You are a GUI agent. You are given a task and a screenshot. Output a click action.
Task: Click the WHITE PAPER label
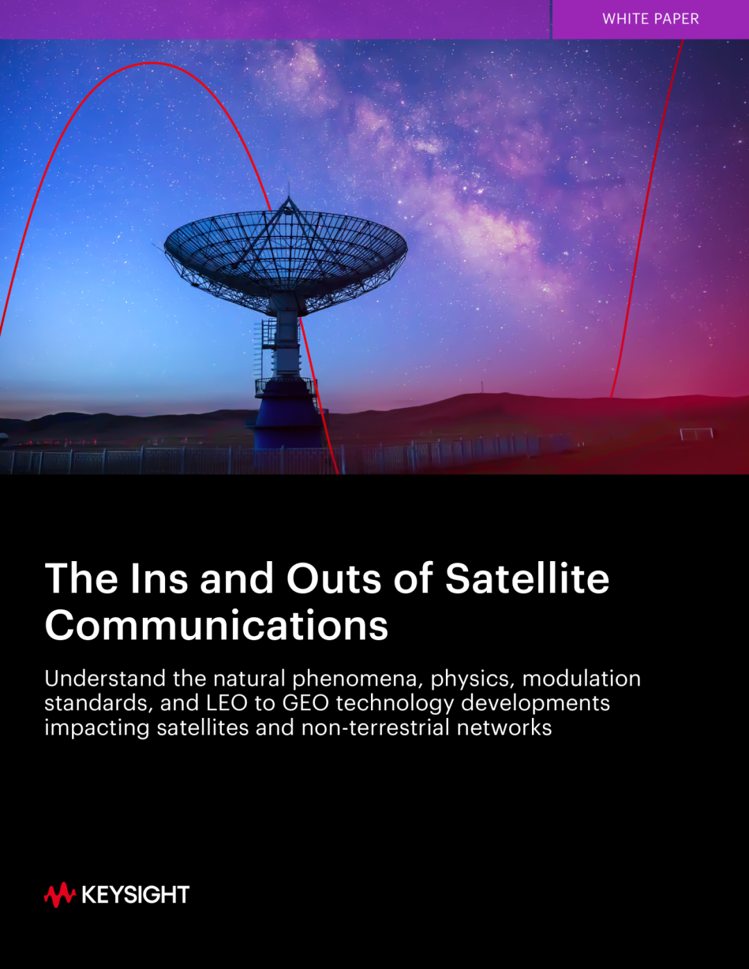[651, 19]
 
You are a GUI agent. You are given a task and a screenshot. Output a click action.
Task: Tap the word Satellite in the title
[527, 578]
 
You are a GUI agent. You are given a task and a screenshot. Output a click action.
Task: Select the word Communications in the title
[216, 625]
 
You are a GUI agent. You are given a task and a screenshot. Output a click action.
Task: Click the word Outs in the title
[334, 578]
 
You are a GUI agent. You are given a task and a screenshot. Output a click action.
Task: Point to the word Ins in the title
[160, 578]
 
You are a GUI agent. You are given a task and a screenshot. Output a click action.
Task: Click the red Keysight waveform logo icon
[60, 895]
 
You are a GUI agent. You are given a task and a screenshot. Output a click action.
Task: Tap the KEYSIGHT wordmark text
[136, 895]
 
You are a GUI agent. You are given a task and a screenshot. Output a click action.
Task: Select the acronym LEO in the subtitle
[227, 703]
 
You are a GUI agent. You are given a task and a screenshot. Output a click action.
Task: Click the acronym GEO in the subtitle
[306, 703]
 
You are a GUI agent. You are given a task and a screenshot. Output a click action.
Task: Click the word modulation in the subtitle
[581, 678]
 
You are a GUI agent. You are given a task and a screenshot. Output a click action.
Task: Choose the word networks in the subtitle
[504, 728]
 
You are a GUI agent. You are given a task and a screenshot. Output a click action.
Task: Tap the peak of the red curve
[153, 63]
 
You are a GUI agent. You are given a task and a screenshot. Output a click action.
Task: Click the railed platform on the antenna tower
[285, 387]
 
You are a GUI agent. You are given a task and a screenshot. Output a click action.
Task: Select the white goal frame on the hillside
[696, 433]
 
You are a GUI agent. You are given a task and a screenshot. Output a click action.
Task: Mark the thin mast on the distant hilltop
[481, 387]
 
